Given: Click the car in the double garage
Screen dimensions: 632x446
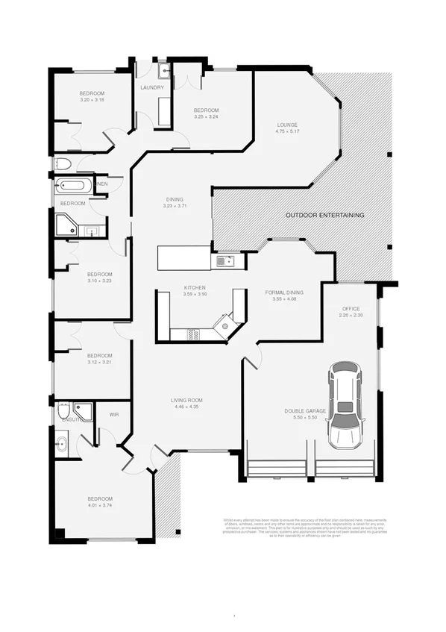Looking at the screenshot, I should tap(344, 406).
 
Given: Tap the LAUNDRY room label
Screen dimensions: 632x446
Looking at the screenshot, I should tap(152, 88).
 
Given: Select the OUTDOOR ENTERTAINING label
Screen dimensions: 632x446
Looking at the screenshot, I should tap(325, 215).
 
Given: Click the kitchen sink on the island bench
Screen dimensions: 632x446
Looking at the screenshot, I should tap(223, 260).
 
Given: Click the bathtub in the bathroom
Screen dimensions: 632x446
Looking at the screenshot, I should tap(72, 185).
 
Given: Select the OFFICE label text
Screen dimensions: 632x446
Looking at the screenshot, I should tap(351, 308).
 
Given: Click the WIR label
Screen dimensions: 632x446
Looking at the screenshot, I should tap(114, 414).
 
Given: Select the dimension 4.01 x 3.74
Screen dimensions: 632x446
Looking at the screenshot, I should tap(100, 505).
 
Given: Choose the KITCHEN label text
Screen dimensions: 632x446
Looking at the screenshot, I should tap(195, 287).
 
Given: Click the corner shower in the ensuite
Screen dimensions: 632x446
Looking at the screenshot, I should tap(84, 412).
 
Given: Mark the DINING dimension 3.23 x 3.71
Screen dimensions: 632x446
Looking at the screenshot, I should tap(174, 206).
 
